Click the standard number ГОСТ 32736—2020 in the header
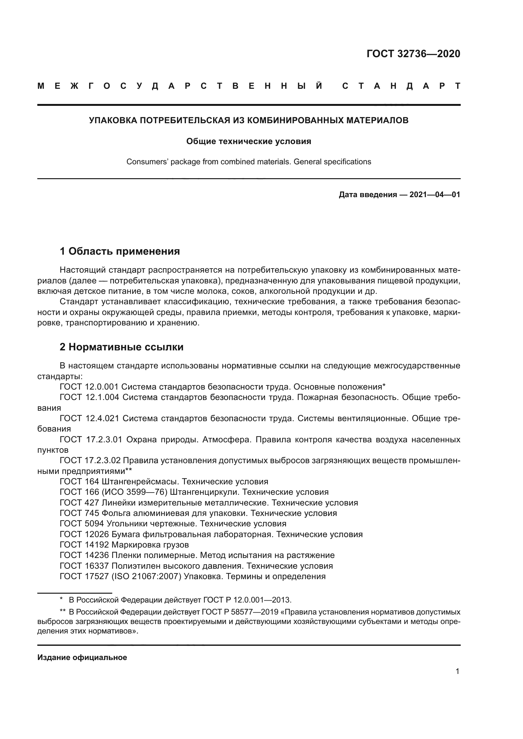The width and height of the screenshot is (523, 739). pyautogui.click(x=413, y=54)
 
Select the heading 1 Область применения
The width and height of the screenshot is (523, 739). pyautogui.click(x=120, y=251)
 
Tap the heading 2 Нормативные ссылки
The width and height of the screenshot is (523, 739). pyautogui.click(x=121, y=347)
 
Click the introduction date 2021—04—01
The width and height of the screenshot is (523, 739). pyautogui.click(x=434, y=195)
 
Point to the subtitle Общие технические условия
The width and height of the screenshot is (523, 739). pyautogui.click(x=249, y=141)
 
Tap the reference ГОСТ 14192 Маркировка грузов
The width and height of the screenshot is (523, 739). pyautogui.click(x=124, y=545)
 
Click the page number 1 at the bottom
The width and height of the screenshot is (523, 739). pyautogui.click(x=457, y=671)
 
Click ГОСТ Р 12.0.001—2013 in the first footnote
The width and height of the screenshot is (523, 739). pyautogui.click(x=247, y=600)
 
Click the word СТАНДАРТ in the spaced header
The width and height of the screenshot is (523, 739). pyautogui.click(x=401, y=86)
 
